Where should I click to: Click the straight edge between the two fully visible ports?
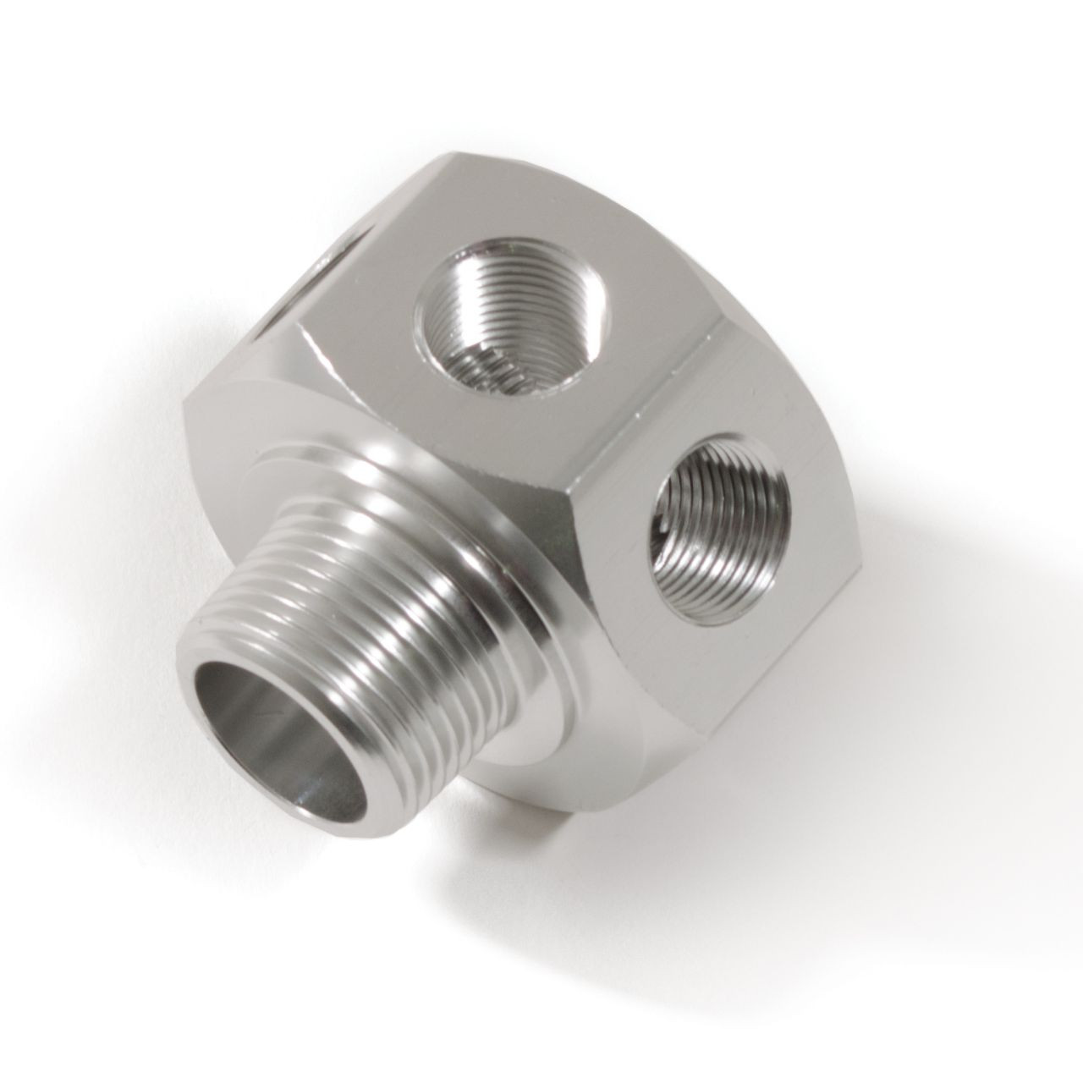[x=668, y=372]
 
